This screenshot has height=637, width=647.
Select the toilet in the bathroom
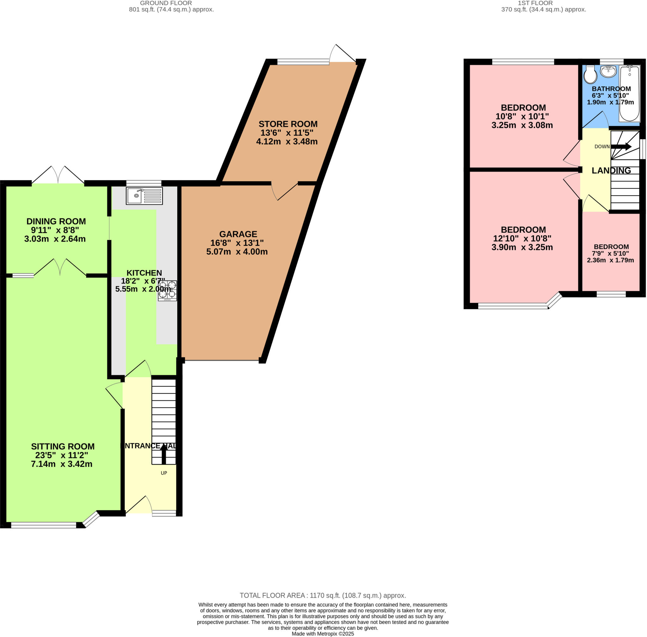590,75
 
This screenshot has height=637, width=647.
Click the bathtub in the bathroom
630,94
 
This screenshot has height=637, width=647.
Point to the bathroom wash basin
608,71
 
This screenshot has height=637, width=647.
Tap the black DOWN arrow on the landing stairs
621,147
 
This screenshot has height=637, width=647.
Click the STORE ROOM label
288,124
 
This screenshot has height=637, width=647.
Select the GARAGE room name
238,234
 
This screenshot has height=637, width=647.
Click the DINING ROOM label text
56,221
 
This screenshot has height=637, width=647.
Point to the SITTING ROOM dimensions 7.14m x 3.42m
62,464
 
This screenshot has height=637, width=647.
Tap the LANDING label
611,171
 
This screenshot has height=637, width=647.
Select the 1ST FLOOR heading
535,3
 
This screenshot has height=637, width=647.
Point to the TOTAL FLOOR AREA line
323,596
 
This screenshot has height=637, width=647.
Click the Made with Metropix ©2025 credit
323,634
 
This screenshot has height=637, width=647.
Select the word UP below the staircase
164,473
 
